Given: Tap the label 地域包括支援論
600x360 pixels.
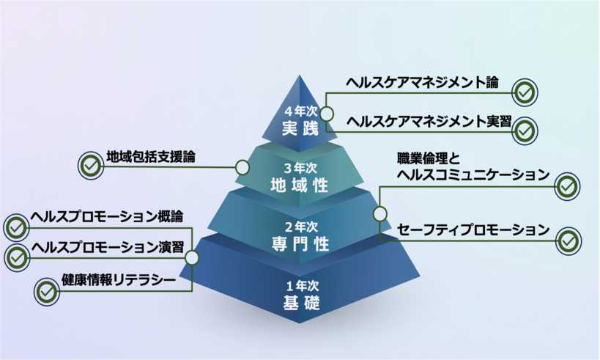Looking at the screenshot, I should coord(151,156).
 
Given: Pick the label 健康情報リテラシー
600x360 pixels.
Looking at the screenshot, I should coord(119,280).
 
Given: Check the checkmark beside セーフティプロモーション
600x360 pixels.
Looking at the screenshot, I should coord(568,240).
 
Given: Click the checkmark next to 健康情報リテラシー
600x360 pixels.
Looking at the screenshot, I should coord(46,291).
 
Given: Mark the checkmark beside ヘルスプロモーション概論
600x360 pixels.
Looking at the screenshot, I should coord(15,227).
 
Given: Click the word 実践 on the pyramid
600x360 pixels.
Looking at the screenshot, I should coord(301,128).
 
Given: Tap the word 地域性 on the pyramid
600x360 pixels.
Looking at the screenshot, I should coord(301,184).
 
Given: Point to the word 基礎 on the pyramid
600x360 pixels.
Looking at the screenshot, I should coord(301,302).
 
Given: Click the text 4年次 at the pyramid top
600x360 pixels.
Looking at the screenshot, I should coord(301,112).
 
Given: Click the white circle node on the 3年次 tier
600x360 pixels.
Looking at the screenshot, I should coord(242,166).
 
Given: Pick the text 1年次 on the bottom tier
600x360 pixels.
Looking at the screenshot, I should coord(301,285).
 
